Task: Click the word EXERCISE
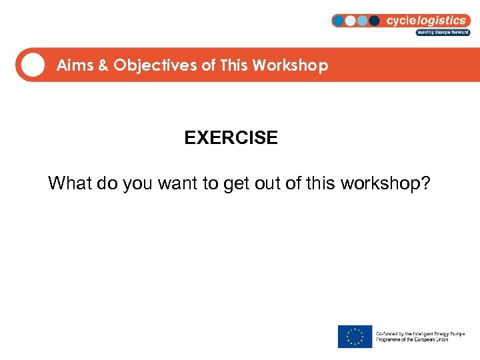[x=231, y=138]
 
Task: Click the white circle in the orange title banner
[x=32, y=65]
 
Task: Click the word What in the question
[x=70, y=183]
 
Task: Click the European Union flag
[x=355, y=336]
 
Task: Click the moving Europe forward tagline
[x=443, y=32]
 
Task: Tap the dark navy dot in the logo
[x=374, y=21]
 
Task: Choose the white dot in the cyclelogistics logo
[x=351, y=21]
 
